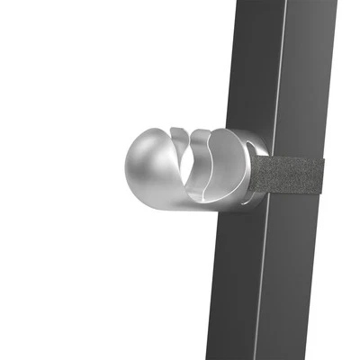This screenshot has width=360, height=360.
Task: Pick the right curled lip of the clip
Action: pos(220,144)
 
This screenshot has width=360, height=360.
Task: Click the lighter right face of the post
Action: pos(310,90)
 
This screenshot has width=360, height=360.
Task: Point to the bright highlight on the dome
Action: pos(139,153)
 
